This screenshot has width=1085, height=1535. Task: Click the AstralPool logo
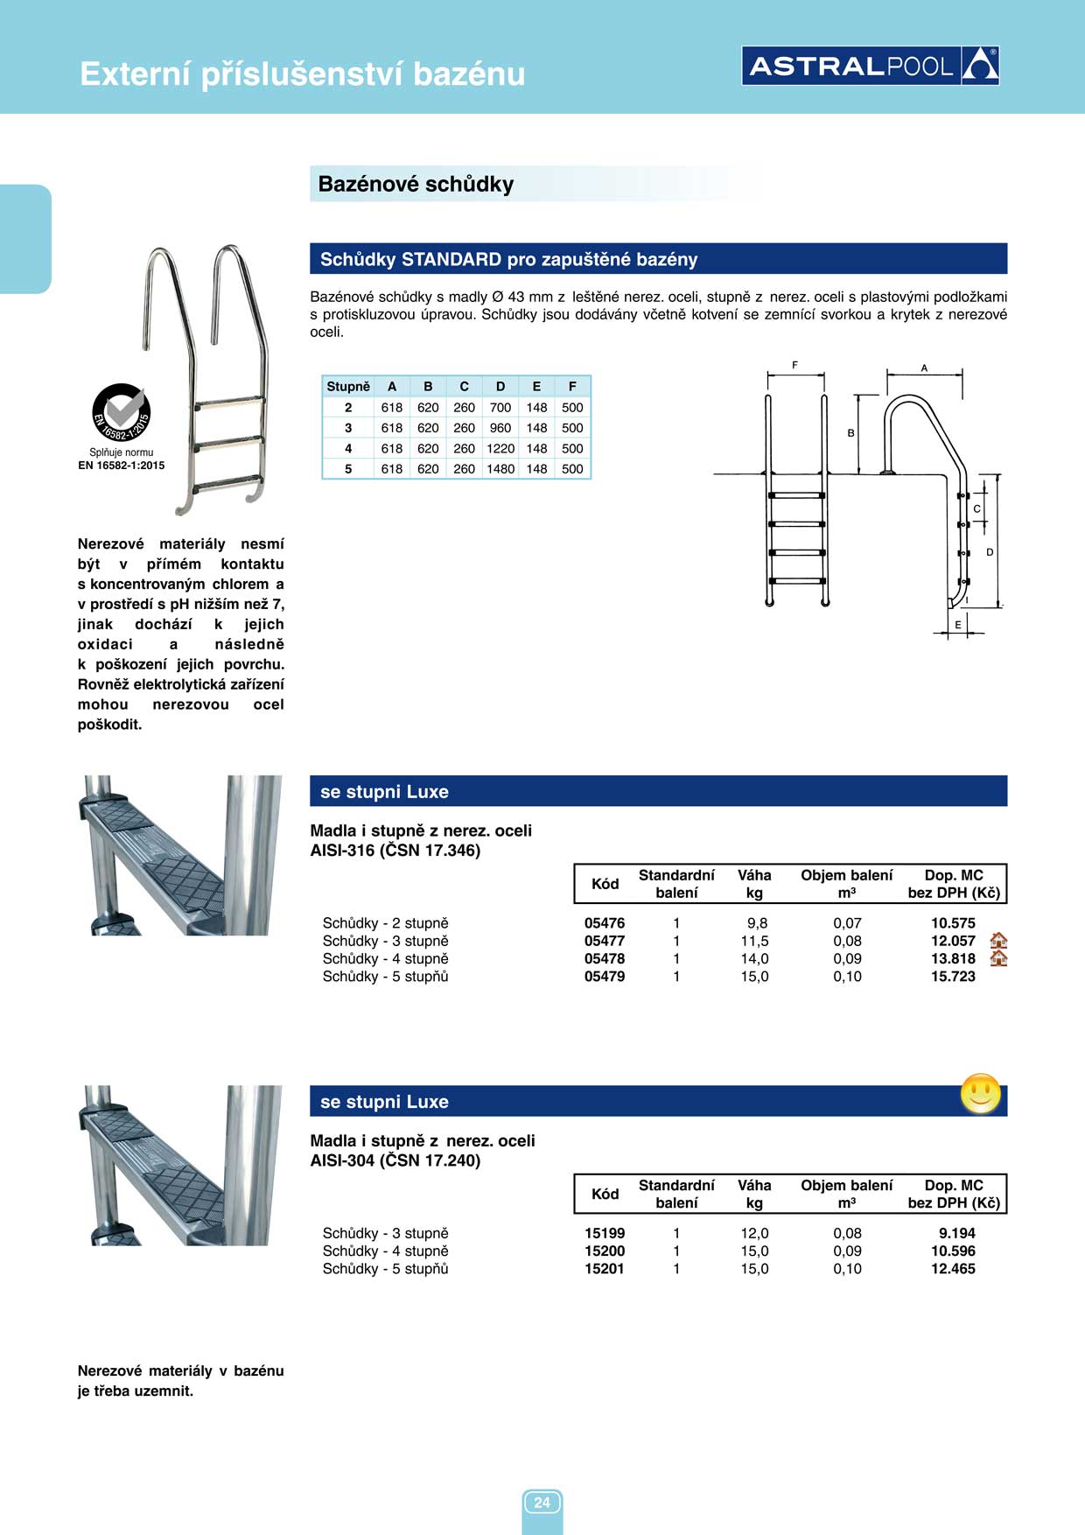coord(870,66)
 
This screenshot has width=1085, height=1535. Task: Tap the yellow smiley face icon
coord(980,1093)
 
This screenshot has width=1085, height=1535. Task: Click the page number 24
coord(542,1503)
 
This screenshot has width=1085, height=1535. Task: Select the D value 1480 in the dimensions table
coord(500,469)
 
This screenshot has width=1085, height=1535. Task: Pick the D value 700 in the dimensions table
coord(500,408)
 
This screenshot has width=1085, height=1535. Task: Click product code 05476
coord(605,923)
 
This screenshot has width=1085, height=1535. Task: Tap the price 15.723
coord(953,977)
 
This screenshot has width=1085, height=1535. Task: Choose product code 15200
coord(605,1251)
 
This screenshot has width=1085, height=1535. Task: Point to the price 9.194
coord(956,1233)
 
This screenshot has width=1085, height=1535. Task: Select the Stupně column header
coord(348,387)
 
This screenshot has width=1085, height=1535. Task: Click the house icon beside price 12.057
coord(998,941)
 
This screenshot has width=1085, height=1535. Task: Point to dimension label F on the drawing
coord(794,366)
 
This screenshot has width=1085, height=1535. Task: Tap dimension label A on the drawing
coord(924,368)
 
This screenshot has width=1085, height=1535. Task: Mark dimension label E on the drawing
coord(958,625)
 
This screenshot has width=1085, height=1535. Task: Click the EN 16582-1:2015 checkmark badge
coord(122,413)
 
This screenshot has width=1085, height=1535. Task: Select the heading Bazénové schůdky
coord(416,185)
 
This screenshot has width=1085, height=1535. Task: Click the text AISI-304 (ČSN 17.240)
coord(395,1161)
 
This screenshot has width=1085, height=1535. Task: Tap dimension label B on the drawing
coord(850,433)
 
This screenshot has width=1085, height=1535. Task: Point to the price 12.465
coord(953,1269)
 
